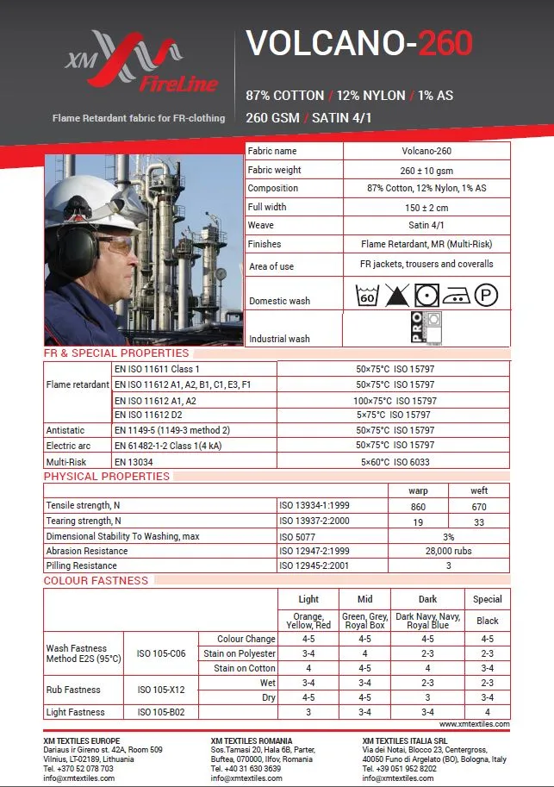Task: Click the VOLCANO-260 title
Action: click(358, 43)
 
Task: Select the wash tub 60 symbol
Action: click(367, 296)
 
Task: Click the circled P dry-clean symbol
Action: click(486, 296)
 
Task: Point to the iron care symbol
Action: click(457, 297)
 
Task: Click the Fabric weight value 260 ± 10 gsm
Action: click(426, 170)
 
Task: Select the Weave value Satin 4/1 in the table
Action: click(426, 225)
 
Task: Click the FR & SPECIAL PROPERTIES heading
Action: click(116, 353)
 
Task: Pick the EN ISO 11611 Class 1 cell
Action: click(157, 369)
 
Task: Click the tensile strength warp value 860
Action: click(418, 507)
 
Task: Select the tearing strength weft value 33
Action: click(479, 522)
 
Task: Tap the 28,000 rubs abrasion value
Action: click(448, 551)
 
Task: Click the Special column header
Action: click(487, 599)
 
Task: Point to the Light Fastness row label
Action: click(75, 712)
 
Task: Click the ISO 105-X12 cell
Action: click(161, 690)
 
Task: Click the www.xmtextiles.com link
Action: click(474, 724)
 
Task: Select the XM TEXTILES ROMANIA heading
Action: click(251, 740)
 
